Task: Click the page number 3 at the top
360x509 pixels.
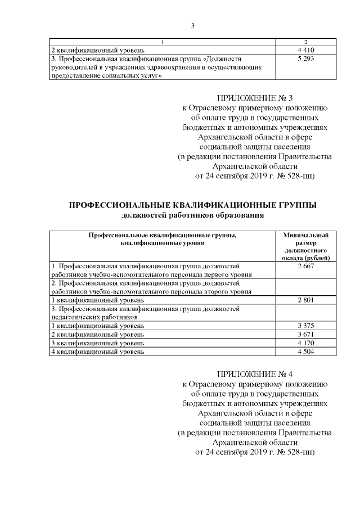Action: pyautogui.click(x=192, y=25)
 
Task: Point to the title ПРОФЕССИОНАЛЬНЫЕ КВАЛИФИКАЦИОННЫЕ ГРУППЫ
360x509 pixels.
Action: pyautogui.click(x=192, y=205)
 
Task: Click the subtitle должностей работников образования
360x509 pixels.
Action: pyautogui.click(x=192, y=215)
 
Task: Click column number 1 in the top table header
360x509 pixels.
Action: pyautogui.click(x=162, y=42)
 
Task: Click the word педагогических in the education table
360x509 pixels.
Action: pyautogui.click(x=76, y=317)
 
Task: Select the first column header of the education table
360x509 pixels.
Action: pyautogui.click(x=162, y=240)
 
